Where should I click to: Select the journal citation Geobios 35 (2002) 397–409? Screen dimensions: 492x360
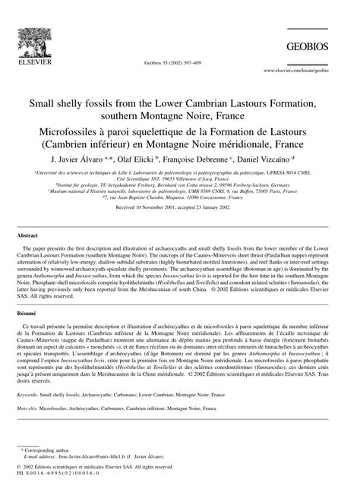179,64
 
